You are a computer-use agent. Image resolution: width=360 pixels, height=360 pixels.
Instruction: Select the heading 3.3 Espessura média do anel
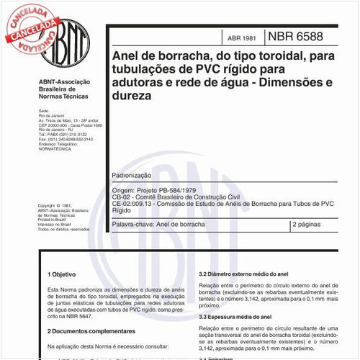(244, 317)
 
